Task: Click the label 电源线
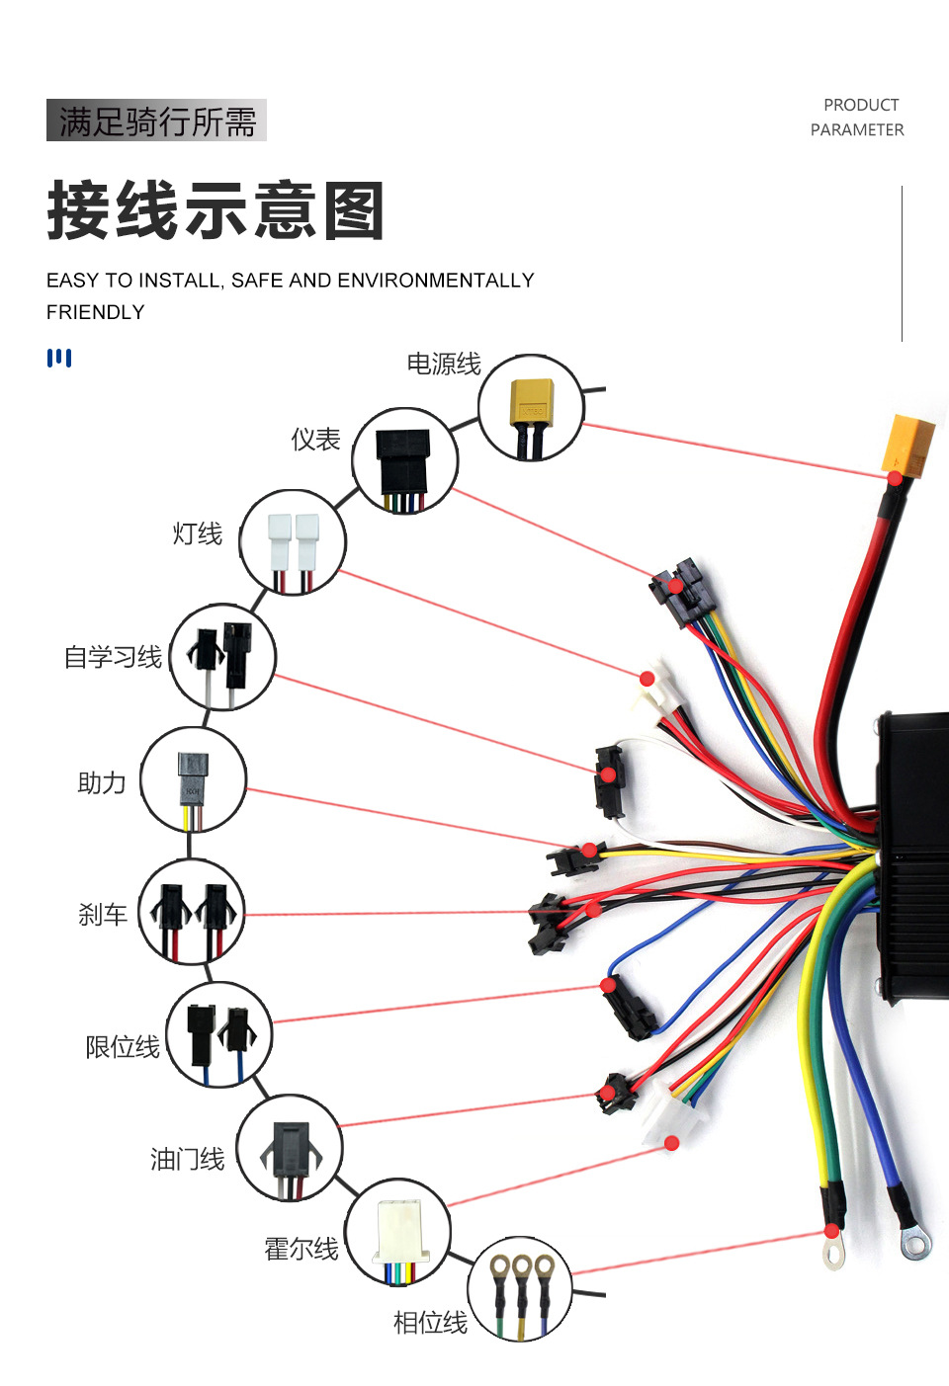(x=444, y=365)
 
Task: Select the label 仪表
(x=315, y=440)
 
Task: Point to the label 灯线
(x=198, y=534)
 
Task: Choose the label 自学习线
(x=113, y=658)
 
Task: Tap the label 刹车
(x=103, y=915)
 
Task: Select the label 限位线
(x=123, y=1047)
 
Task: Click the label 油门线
(x=187, y=1159)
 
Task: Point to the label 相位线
(x=430, y=1323)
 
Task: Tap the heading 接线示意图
(x=216, y=210)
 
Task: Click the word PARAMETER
(x=857, y=129)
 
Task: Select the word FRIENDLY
(x=96, y=312)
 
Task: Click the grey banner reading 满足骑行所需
(x=156, y=121)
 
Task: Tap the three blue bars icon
(x=59, y=358)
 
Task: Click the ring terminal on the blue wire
(x=915, y=1244)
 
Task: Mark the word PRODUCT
(x=861, y=105)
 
